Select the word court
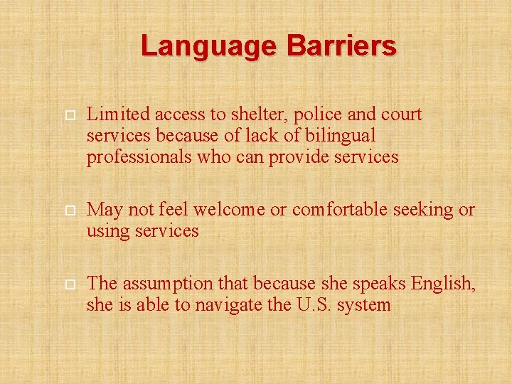(x=400, y=114)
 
